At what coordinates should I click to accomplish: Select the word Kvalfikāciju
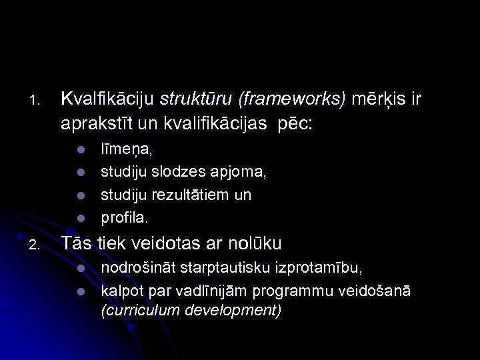pos(107,99)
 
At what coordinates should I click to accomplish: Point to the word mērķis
pos(377,100)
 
